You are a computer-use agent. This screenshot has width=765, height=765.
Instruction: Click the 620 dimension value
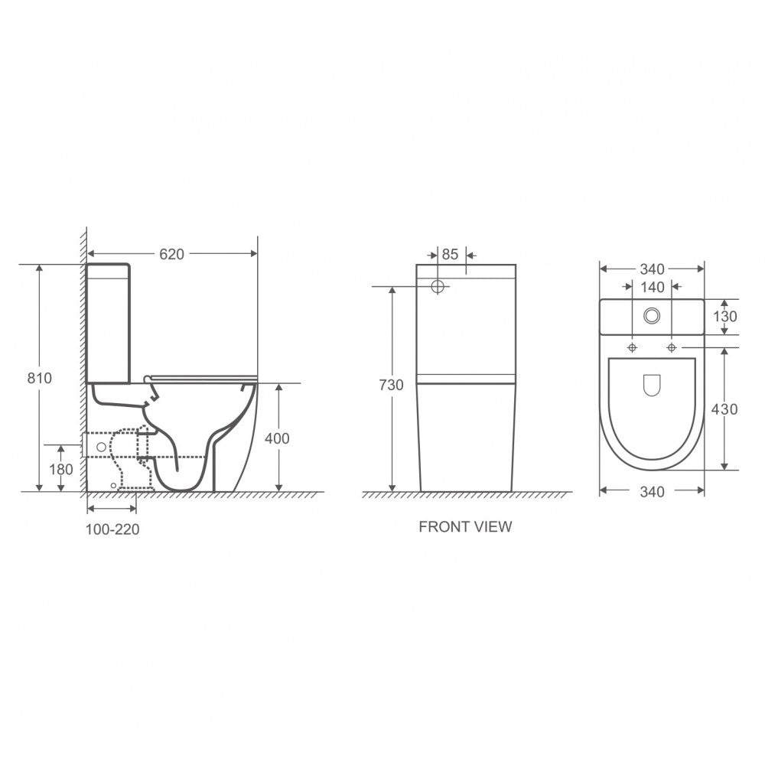coord(171,254)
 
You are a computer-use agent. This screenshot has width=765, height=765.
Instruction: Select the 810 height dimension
coord(39,378)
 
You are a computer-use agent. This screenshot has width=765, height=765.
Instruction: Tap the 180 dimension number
coord(61,470)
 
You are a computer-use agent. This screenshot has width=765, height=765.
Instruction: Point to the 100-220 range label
coord(112,529)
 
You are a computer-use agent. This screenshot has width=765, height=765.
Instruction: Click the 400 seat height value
coord(277,438)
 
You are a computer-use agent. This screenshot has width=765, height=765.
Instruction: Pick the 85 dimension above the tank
coord(450,254)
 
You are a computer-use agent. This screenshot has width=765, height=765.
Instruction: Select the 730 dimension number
coord(391,385)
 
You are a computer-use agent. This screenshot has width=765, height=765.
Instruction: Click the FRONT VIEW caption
coord(465,527)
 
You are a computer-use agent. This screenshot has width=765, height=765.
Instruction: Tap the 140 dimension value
coord(653,288)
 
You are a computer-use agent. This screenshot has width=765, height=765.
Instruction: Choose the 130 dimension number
coord(725,317)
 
